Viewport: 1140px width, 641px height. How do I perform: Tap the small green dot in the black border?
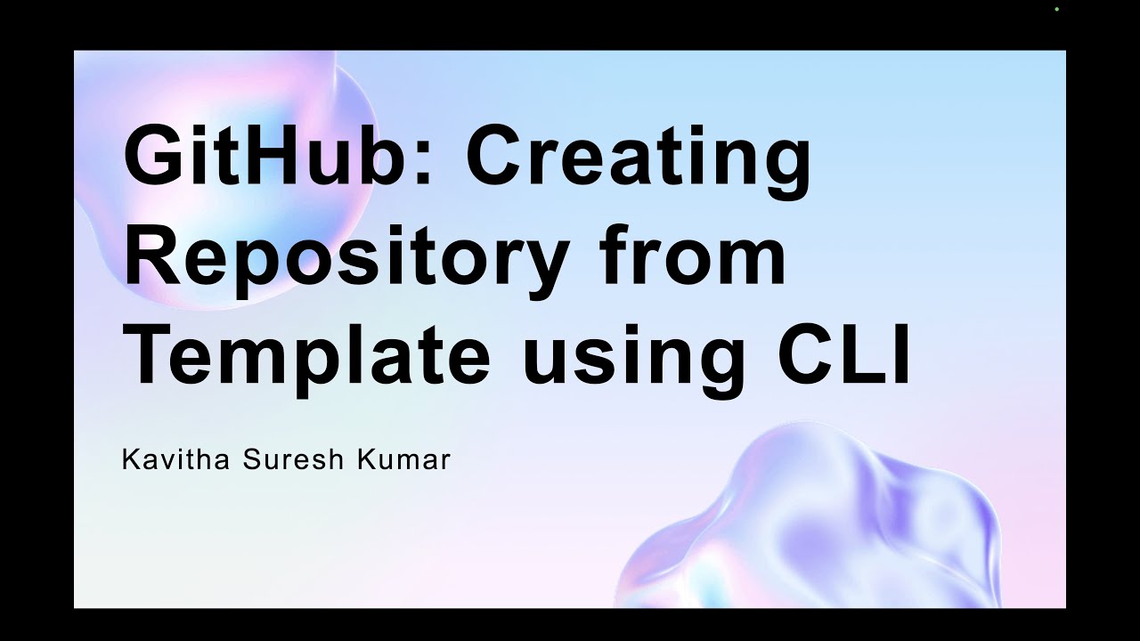[x=1056, y=9]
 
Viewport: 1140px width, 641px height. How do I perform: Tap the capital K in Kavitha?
[x=130, y=461]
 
